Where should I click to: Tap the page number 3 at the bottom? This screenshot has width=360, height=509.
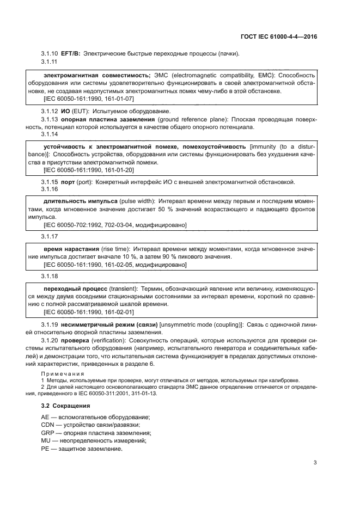click(x=315, y=463)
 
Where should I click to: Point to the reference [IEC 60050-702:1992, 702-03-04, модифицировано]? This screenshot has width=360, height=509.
click(x=114, y=225)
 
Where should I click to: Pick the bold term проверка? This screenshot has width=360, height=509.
click(x=75, y=340)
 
